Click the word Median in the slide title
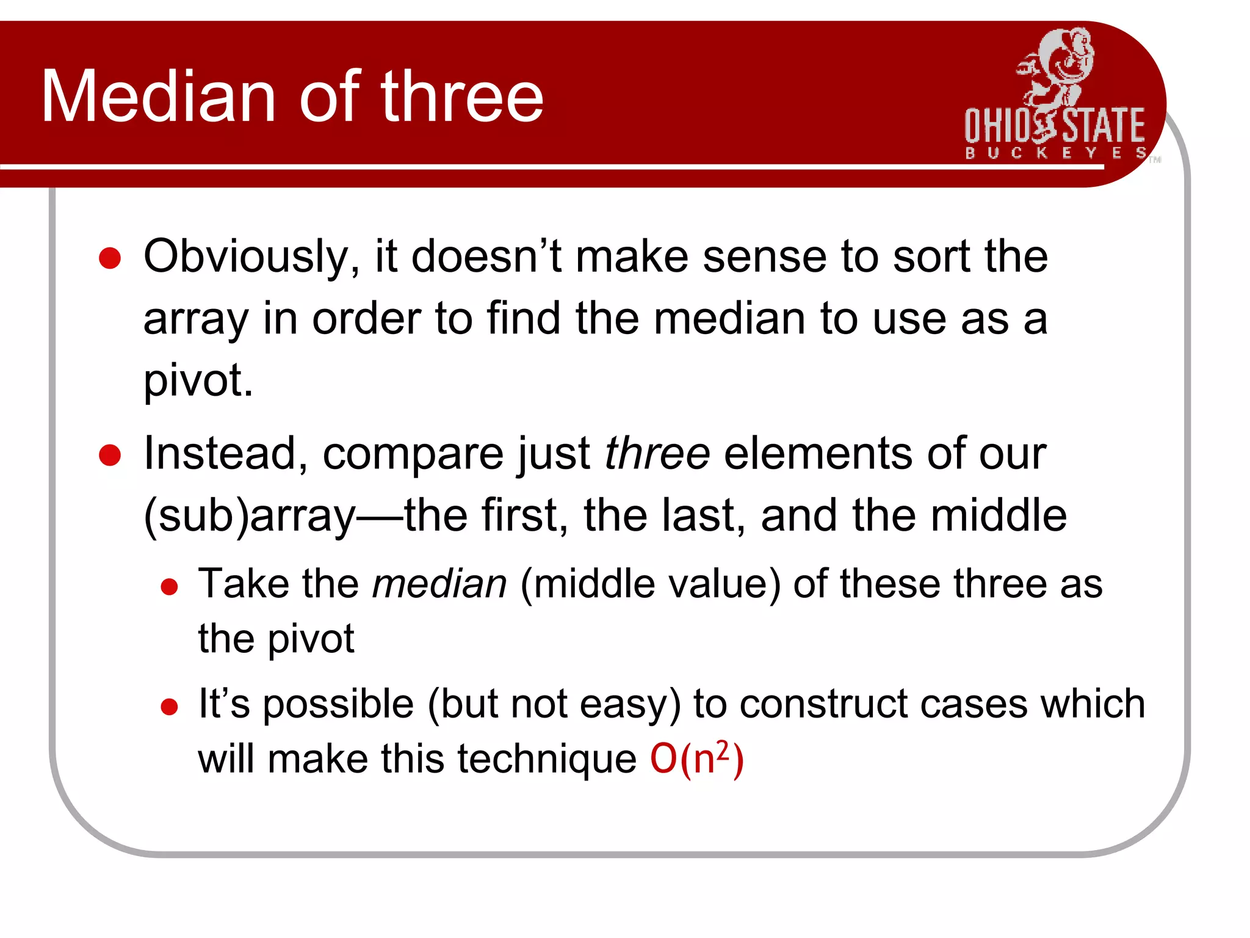click(x=159, y=96)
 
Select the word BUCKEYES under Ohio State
click(x=1055, y=153)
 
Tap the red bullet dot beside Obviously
click(x=110, y=258)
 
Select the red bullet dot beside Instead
click(x=110, y=456)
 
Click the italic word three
click(x=657, y=454)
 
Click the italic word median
click(x=439, y=584)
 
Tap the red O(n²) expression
click(x=696, y=759)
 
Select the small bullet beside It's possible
click(x=169, y=707)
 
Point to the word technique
click(x=547, y=760)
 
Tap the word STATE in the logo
click(x=1104, y=125)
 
